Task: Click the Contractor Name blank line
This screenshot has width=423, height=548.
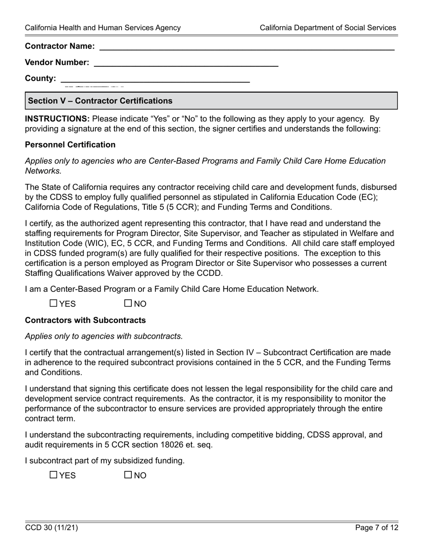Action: [247, 46]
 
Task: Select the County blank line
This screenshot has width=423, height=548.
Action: [155, 79]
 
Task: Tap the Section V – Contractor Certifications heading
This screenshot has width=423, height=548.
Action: [100, 101]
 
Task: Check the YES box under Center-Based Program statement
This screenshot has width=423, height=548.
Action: [53, 303]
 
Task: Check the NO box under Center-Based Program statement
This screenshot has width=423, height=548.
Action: [128, 303]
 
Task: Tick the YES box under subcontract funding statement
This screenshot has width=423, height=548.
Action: [53, 475]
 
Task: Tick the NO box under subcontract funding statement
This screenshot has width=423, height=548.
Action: [128, 475]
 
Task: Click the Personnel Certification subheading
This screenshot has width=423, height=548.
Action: [70, 145]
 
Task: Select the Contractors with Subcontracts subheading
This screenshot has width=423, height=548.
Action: [85, 320]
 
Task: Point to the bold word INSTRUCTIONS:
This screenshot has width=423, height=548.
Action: [57, 119]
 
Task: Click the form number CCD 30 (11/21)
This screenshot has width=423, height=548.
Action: [52, 528]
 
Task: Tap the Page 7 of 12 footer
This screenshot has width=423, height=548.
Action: [377, 528]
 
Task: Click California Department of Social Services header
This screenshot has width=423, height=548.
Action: [328, 28]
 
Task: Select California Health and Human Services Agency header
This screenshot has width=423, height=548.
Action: [103, 28]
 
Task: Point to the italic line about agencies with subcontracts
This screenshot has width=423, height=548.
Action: [104, 336]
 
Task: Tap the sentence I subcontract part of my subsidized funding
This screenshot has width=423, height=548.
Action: [105, 461]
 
